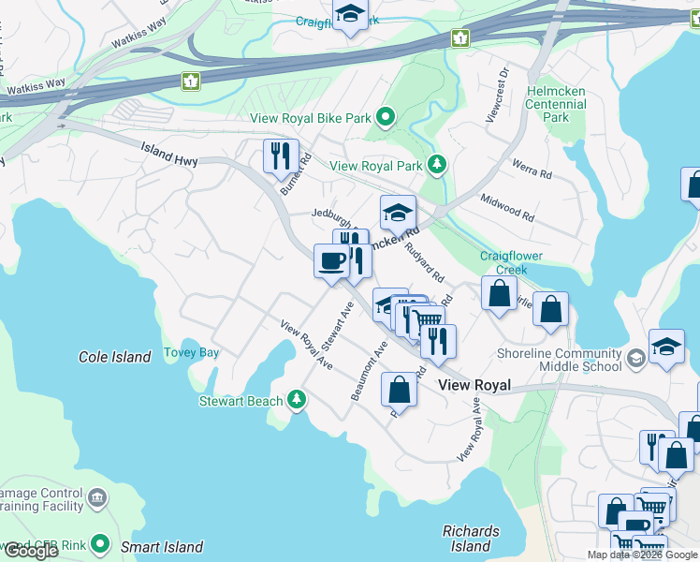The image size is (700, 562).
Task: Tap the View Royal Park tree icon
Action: point(436,166)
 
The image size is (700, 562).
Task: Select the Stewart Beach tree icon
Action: point(297,401)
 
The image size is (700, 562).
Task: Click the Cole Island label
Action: point(115,357)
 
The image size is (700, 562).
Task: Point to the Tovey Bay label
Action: point(191,353)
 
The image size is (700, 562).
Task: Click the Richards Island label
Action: point(471,539)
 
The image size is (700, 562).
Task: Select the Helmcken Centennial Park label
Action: point(556,104)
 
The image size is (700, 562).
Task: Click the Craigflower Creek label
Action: point(511,262)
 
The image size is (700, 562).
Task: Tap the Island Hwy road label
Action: point(169,155)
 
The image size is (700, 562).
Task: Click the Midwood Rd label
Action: point(506,208)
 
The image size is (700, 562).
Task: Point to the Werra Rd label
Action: point(532,169)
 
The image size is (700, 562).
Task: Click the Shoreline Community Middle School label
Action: point(561,360)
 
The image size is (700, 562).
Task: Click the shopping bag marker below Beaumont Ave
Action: point(399,389)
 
